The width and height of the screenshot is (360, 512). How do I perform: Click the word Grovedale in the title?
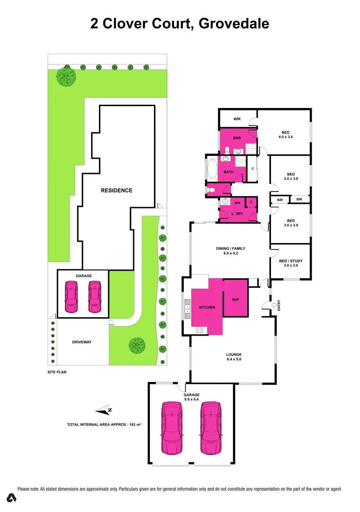click(x=234, y=23)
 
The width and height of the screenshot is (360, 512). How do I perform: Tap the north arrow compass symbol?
click(x=104, y=410)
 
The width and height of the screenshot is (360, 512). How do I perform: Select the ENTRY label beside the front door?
click(x=279, y=305)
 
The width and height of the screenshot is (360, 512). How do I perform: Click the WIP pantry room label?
click(x=235, y=300)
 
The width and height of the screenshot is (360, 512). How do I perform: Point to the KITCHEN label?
click(x=207, y=307)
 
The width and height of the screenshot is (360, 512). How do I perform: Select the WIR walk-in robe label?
click(x=237, y=119)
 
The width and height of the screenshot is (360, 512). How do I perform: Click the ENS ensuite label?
click(x=237, y=138)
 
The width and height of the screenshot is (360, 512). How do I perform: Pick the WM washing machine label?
click(x=237, y=203)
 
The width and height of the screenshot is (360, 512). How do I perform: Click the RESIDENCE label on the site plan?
click(x=117, y=190)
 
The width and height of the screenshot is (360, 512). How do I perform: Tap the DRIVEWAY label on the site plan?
click(x=81, y=342)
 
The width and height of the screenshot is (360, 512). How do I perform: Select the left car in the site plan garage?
click(x=72, y=296)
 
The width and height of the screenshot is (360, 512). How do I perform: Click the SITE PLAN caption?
click(x=57, y=372)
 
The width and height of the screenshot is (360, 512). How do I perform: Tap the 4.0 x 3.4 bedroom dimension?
click(x=286, y=138)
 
